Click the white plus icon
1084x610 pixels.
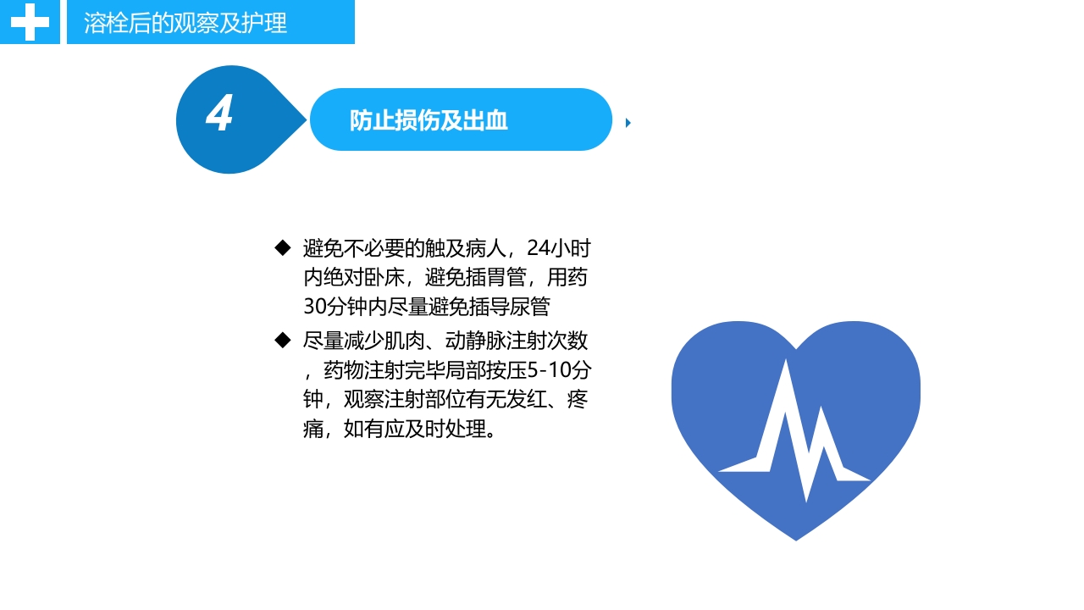(x=30, y=22)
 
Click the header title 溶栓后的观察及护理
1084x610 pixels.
(x=185, y=23)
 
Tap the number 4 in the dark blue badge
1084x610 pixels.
(x=219, y=114)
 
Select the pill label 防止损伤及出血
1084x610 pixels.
(x=429, y=120)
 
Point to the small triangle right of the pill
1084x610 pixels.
(x=628, y=123)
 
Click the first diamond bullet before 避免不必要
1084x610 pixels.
(x=283, y=247)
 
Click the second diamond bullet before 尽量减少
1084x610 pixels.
(x=283, y=341)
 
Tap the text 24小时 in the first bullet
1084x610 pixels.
(x=559, y=249)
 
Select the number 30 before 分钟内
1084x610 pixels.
(x=314, y=306)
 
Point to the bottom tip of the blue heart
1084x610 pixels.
(x=796, y=539)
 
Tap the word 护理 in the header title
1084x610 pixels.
(x=268, y=23)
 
